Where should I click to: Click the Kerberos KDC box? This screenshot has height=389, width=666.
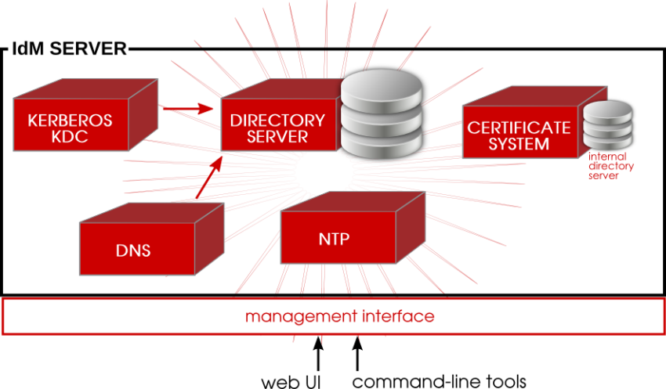pyautogui.click(x=71, y=130)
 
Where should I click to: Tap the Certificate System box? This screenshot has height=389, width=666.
pyautogui.click(x=519, y=135)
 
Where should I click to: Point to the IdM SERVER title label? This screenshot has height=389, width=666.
pyautogui.click(x=67, y=49)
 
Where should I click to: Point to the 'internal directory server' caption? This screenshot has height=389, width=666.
pyautogui.click(x=611, y=166)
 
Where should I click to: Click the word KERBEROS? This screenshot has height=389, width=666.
pyautogui.click(x=70, y=121)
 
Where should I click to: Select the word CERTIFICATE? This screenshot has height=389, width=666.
pyautogui.click(x=519, y=127)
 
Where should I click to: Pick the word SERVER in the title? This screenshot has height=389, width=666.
pyautogui.click(x=89, y=49)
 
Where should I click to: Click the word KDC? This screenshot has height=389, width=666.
pyautogui.click(x=70, y=139)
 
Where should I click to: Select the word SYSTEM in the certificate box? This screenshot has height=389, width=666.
pyautogui.click(x=519, y=144)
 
